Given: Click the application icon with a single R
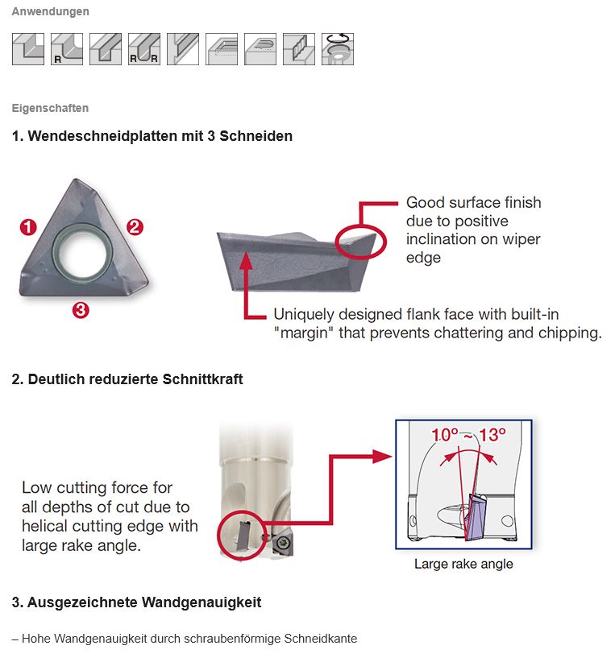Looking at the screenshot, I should tap(66, 49).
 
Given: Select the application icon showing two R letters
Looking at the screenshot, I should tap(143, 49).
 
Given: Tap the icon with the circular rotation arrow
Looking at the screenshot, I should tap(337, 49).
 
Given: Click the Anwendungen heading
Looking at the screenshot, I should tap(50, 12).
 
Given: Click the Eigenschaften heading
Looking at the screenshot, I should tap(50, 108).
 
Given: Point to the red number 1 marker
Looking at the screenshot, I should tap(29, 228).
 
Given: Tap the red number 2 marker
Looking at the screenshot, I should tap(135, 227).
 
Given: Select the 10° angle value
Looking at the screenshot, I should tap(446, 435).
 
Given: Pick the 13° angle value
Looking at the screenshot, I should tap(492, 435).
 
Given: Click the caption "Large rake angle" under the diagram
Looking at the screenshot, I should tap(463, 564).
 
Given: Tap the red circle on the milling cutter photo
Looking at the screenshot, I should tap(242, 534).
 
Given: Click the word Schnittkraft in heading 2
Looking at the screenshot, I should tap(202, 379).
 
